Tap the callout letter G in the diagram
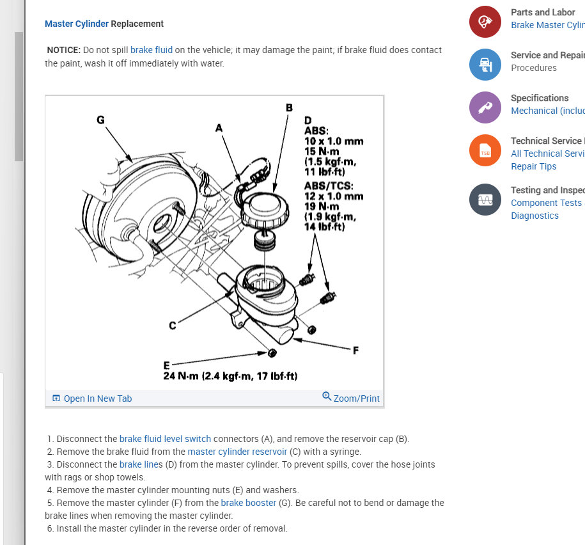(x=100, y=119)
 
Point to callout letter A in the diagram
(x=219, y=128)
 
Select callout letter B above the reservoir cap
(x=289, y=107)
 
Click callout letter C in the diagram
(x=173, y=326)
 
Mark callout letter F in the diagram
(x=355, y=350)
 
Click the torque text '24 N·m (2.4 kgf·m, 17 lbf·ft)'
(x=230, y=376)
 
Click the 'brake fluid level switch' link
(x=165, y=439)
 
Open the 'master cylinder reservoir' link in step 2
(x=237, y=452)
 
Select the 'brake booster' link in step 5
(x=249, y=503)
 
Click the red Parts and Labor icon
(x=485, y=22)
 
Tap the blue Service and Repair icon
(x=485, y=64)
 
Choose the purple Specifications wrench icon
(x=485, y=107)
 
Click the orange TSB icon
(x=485, y=150)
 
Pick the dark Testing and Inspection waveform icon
(x=485, y=200)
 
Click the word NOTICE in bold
(x=64, y=50)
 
